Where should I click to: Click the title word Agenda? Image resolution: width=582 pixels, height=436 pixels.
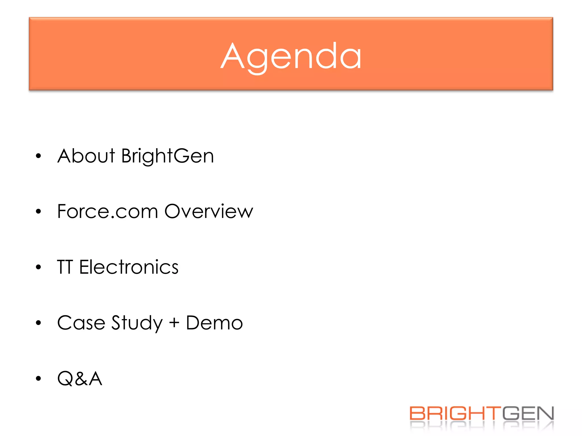point(291,57)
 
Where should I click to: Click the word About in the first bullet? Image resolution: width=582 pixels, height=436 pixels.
point(86,156)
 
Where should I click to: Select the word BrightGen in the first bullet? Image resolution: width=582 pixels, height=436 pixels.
point(167,156)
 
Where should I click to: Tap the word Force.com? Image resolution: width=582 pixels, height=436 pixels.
point(107,211)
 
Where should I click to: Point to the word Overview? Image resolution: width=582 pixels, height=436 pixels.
point(209,211)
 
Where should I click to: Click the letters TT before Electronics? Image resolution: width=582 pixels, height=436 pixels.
point(65,267)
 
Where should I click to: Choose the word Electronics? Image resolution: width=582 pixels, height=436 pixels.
point(129,267)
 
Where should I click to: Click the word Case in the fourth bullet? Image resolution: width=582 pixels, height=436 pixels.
point(81,323)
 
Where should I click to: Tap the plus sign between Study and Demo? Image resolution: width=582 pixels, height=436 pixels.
point(174,323)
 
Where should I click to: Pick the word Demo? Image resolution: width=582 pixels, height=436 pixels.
point(214,323)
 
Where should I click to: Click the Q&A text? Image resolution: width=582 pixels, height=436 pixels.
point(80,378)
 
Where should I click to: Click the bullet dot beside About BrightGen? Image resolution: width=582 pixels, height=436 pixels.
point(39,156)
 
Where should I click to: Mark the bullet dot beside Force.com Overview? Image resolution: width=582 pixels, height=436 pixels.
point(39,211)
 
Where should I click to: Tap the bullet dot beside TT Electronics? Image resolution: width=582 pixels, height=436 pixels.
point(39,267)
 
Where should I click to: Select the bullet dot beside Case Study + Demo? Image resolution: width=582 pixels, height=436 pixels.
point(39,323)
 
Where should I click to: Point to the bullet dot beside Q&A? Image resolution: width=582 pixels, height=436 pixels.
point(39,378)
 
